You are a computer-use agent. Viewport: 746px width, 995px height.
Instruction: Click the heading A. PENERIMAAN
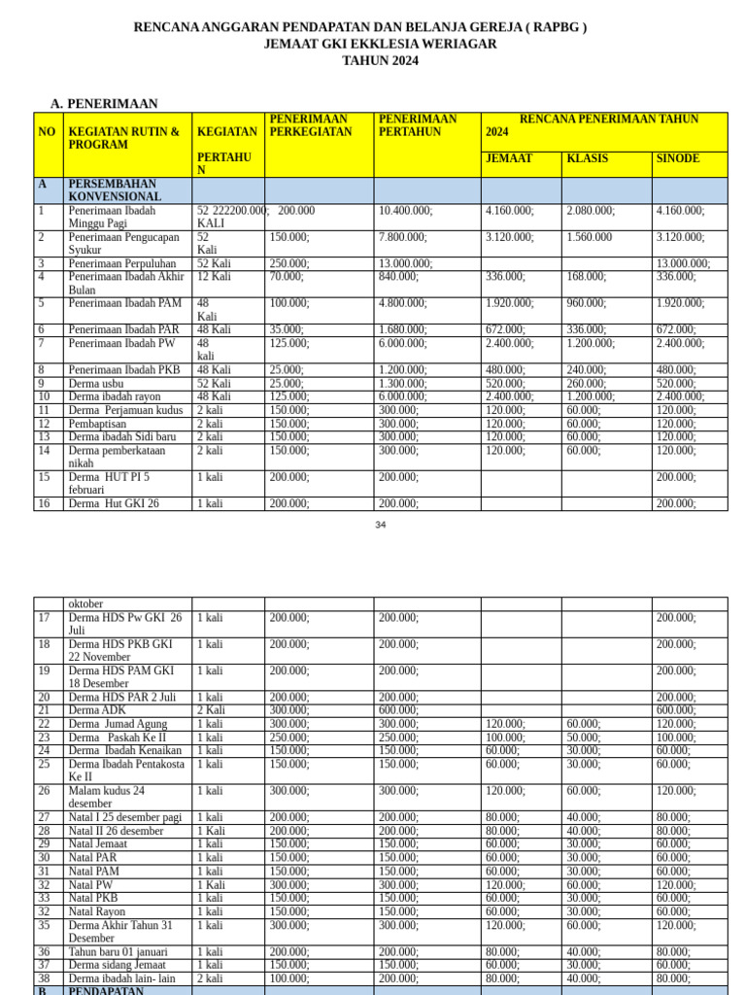click(104, 104)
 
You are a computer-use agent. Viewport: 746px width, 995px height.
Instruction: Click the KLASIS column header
click(587, 158)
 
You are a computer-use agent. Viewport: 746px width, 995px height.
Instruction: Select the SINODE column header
click(677, 158)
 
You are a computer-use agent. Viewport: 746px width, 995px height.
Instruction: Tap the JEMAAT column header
click(508, 158)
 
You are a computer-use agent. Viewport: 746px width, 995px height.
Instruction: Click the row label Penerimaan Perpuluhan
click(122, 263)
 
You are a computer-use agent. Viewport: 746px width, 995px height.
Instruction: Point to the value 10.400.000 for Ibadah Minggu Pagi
click(405, 211)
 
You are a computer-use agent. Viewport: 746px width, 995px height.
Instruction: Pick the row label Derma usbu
click(96, 384)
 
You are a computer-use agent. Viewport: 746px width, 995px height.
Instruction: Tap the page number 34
click(380, 525)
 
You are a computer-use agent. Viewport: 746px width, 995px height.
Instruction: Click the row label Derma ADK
click(97, 710)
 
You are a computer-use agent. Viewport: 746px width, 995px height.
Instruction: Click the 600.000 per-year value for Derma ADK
click(398, 710)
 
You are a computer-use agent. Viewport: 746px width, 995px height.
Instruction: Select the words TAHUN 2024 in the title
click(380, 60)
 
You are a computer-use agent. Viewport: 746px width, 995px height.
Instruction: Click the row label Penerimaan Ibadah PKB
click(124, 370)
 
